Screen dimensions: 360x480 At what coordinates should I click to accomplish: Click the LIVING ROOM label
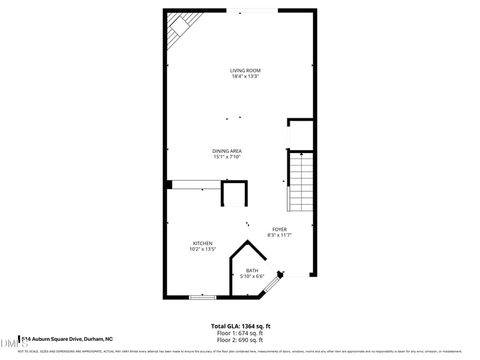[245, 70]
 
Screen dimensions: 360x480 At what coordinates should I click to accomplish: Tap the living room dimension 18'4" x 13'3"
[245, 76]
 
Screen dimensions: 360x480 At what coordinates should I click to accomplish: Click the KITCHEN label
[203, 243]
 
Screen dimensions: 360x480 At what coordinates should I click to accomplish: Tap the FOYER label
[280, 229]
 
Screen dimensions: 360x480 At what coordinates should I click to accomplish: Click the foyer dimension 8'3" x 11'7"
[280, 235]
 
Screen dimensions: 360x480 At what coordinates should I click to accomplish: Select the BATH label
[252, 271]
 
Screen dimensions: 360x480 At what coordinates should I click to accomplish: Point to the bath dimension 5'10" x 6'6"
[252, 277]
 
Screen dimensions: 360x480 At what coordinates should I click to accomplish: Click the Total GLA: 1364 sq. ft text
[239, 326]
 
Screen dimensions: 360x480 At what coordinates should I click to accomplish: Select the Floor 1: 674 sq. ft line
[239, 333]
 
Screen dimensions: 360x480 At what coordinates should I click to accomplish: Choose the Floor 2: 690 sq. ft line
[239, 340]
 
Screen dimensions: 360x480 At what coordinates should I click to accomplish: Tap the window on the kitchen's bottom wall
[203, 296]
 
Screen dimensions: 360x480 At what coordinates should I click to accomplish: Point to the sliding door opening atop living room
[252, 10]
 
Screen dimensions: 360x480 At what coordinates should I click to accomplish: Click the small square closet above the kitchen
[234, 194]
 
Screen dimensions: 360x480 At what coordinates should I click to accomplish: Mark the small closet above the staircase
[301, 135]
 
